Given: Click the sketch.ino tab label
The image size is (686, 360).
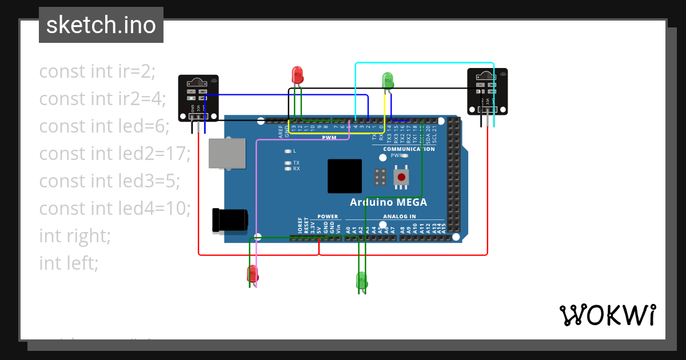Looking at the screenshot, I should pos(101,25).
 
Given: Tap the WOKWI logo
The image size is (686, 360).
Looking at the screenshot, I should pos(607,315).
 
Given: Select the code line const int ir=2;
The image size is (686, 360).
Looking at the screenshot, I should pos(97,71).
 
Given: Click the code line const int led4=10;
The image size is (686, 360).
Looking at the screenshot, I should pos(115,209).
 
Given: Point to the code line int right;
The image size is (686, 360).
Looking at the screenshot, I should pos(75,235).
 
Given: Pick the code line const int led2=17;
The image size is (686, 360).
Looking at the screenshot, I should pos(114,154).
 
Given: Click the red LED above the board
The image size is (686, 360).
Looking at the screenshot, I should pos(297,74).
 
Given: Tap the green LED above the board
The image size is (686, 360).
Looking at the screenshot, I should pos(388,79).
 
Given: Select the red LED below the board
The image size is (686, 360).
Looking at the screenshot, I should pos(252,274).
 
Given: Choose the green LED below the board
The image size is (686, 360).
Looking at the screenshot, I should pos(361,280).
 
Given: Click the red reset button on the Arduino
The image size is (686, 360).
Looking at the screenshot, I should pos(401,176).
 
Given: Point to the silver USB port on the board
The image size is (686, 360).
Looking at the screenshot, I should pos(221,153).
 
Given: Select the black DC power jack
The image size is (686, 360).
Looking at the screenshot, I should pos(229,221).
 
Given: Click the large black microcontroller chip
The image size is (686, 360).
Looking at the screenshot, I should pos(345,176).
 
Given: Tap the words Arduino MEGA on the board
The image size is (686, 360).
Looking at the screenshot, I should pos(388,202).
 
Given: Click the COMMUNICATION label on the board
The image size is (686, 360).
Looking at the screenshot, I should pos(409,149).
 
